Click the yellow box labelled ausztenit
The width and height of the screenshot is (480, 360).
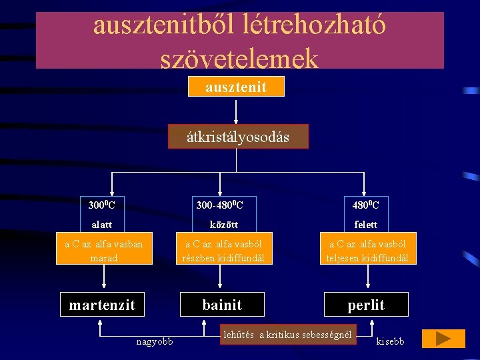[x=236, y=87]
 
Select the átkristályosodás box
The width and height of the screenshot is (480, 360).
[x=238, y=137]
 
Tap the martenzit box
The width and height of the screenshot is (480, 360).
[x=102, y=305]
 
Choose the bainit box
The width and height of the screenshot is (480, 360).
[x=222, y=305]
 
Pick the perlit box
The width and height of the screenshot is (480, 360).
[x=366, y=305]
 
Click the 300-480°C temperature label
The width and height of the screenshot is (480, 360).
[x=219, y=204]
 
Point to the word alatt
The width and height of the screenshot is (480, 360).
[x=101, y=225]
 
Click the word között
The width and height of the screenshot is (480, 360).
[x=223, y=225]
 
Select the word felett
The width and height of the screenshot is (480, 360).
[x=366, y=225]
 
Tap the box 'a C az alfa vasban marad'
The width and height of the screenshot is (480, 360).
[x=103, y=251]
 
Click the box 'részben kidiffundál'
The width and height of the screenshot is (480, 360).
[x=224, y=251]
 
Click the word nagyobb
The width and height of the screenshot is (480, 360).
[x=154, y=342]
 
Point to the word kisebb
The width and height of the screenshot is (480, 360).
[x=390, y=342]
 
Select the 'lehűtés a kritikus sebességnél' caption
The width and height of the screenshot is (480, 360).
[x=287, y=335]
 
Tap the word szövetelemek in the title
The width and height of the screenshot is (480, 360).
[x=239, y=59]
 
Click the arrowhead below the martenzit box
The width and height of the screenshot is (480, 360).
[x=100, y=323]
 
